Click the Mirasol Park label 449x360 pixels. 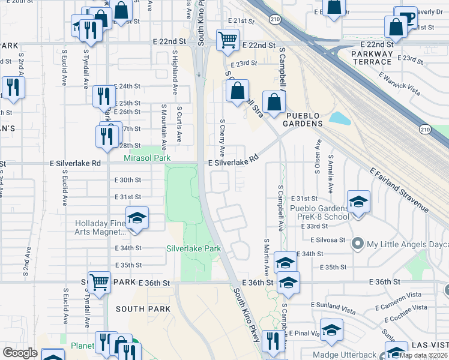click(147, 158)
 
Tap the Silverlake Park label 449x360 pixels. click(193, 248)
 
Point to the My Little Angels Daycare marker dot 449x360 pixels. click(358, 244)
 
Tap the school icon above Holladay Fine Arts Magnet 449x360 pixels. click(137, 218)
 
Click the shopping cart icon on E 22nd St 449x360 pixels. click(228, 40)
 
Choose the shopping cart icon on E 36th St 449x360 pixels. click(99, 281)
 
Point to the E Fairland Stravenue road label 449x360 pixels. click(400, 190)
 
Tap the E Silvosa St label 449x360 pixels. click(328, 239)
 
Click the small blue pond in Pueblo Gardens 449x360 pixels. click(340, 118)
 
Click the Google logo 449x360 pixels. click(20, 353)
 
